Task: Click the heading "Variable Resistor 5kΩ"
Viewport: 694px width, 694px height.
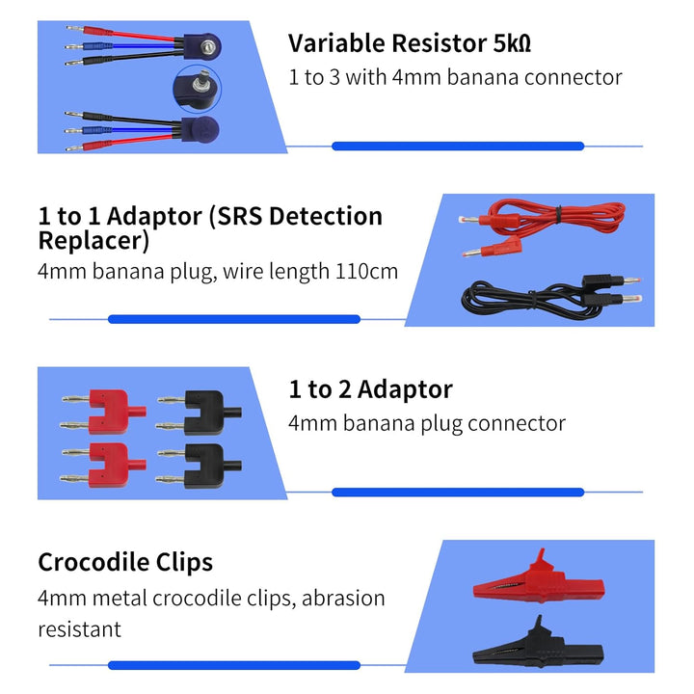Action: tap(410, 43)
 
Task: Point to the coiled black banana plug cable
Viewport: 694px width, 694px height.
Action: tap(551, 297)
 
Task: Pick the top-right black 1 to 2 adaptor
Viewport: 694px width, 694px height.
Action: tap(200, 413)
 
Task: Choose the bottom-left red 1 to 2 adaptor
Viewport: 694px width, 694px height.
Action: tap(103, 466)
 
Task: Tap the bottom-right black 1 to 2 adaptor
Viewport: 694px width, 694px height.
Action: tap(200, 467)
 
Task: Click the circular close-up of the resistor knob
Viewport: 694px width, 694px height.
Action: tap(197, 89)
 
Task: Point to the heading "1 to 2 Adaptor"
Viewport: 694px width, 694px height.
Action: tap(370, 389)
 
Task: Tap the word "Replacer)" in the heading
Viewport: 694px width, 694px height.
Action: tap(93, 241)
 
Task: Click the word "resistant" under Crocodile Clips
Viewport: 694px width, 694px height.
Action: tap(80, 629)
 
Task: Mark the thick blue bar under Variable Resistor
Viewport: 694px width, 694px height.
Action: tap(458, 147)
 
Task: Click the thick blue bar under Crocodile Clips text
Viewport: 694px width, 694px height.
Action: tap(234, 665)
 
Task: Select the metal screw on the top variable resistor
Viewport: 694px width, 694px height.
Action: tap(207, 46)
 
